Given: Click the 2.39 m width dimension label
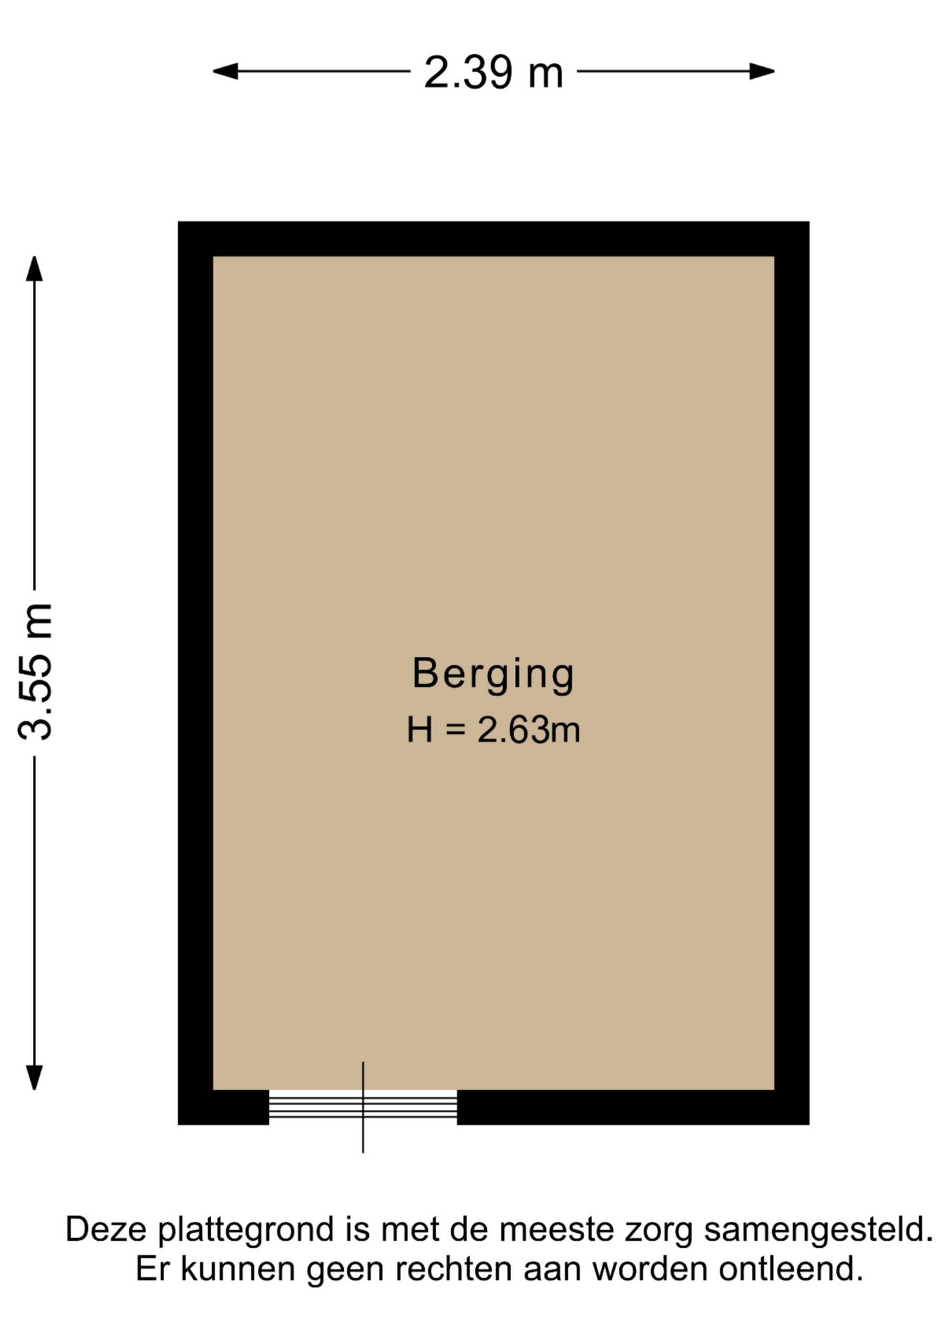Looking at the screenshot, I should tap(493, 72).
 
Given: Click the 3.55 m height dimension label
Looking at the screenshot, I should tap(35, 671).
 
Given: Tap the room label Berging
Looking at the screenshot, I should tap(493, 673).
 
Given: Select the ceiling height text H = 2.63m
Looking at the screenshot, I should tap(493, 730).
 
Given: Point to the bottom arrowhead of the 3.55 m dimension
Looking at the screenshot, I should tap(34, 1077).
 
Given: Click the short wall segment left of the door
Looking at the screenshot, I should tap(224, 1106).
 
